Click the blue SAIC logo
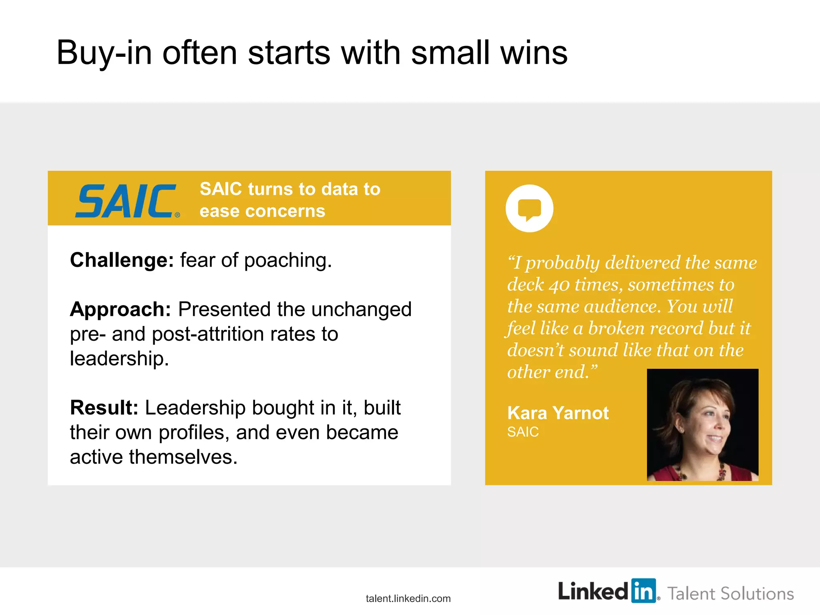pos(126,201)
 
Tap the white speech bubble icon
pos(529,209)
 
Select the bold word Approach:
pos(121,310)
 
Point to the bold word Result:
pos(104,408)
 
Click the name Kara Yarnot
pos(558,413)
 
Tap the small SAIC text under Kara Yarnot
pos(523,432)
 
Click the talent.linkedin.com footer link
pos(408,599)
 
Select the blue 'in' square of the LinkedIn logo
pos(643,591)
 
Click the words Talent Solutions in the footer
pos(730,594)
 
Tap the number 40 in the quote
pos(559,285)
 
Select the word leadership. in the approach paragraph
pos(119,358)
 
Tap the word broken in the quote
pos(616,329)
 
